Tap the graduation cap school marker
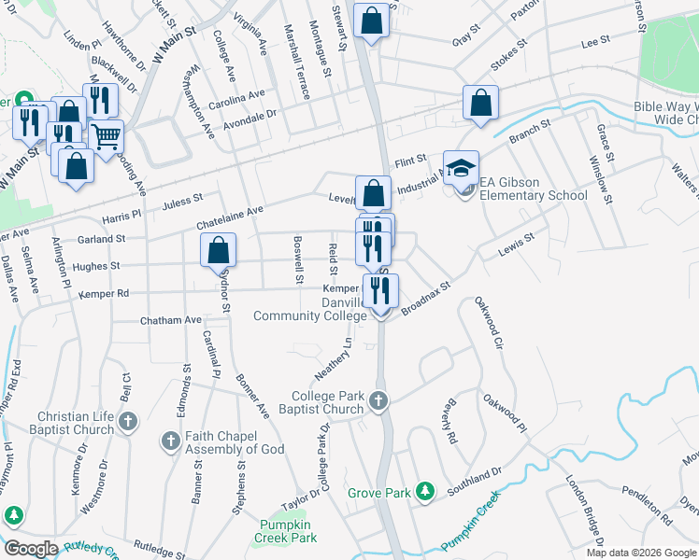461,168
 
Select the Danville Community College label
311,310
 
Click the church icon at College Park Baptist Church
378,401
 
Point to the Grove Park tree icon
425,490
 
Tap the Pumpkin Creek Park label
286,532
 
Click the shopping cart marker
106,137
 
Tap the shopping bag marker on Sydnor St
218,250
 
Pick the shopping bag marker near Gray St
372,20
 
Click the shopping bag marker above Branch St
480,103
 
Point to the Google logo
30,549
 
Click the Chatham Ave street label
170,320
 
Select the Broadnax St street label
426,300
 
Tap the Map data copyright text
641,553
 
